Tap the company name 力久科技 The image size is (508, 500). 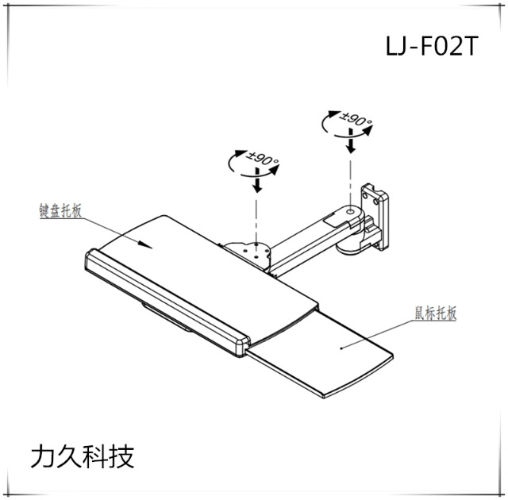(81, 456)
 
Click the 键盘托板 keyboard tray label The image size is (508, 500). (60, 210)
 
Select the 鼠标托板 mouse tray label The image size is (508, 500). (435, 313)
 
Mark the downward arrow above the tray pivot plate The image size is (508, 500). (256, 185)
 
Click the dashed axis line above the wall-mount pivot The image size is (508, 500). (349, 175)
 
